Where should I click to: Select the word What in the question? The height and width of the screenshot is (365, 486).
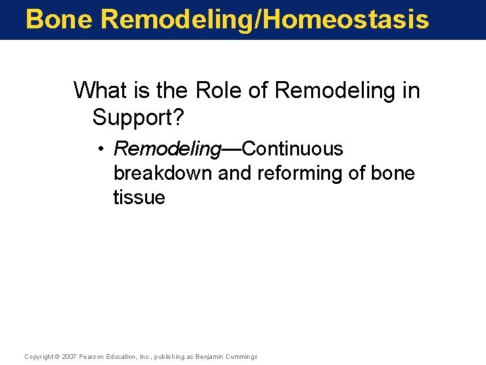click(x=99, y=90)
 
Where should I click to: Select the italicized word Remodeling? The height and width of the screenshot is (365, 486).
click(x=167, y=149)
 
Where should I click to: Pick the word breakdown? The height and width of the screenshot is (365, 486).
click(x=163, y=173)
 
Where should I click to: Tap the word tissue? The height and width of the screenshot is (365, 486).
click(x=139, y=197)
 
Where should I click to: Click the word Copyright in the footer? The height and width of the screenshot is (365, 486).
click(x=38, y=356)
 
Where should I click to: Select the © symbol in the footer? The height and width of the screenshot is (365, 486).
click(x=57, y=356)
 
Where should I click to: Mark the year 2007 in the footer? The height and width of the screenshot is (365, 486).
click(x=69, y=356)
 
